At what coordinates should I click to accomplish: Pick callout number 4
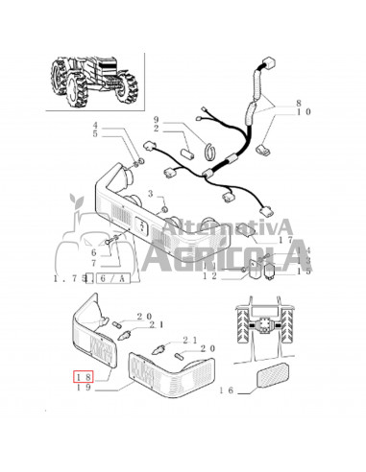tap(123, 126)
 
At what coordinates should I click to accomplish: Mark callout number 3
tap(150, 193)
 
